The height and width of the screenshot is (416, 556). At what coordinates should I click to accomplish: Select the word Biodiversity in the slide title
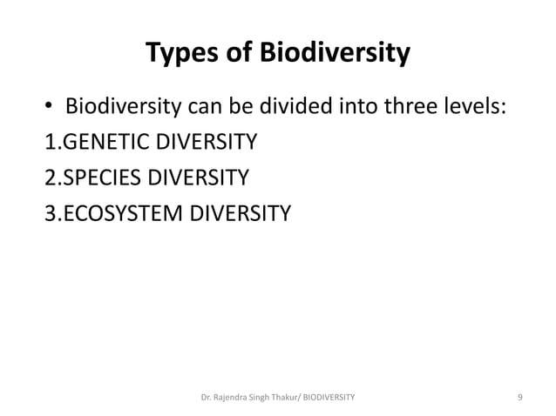click(333, 56)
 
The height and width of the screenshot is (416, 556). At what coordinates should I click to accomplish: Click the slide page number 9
click(519, 398)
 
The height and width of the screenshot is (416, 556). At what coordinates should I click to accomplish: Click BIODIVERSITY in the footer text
click(336, 398)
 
